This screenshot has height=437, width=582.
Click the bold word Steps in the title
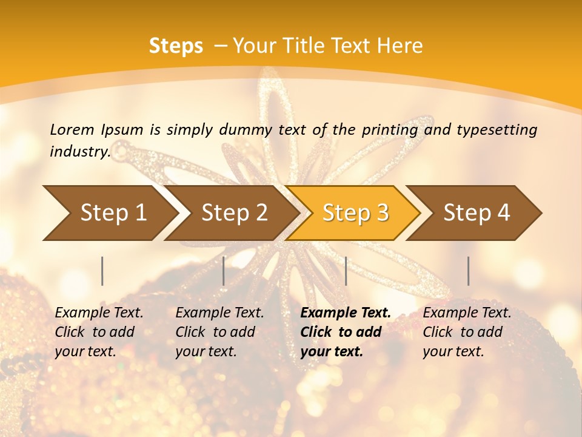(176, 46)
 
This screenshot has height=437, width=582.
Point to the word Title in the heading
(303, 46)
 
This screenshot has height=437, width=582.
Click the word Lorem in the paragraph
(72, 129)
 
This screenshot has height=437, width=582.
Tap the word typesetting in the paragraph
(497, 129)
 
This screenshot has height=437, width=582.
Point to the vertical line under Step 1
(102, 271)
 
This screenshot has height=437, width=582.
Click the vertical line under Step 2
(224, 271)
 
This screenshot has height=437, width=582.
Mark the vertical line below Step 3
(346, 271)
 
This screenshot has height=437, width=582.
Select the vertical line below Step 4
(469, 271)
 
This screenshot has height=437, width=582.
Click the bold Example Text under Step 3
(346, 313)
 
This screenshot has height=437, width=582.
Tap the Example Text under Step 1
(99, 313)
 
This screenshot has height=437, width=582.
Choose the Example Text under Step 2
(219, 313)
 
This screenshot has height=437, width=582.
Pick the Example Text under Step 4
(467, 313)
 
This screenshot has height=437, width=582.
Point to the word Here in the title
(400, 46)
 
